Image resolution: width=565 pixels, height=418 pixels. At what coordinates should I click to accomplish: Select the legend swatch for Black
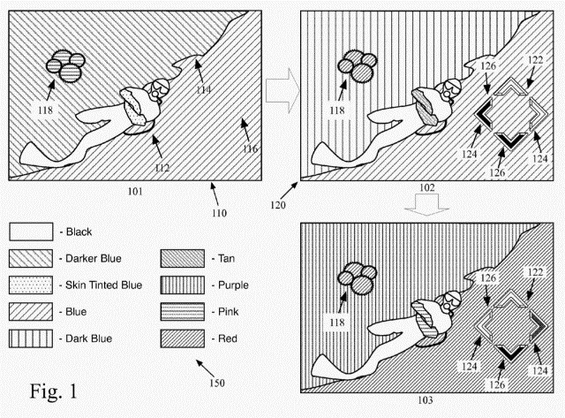[29, 232]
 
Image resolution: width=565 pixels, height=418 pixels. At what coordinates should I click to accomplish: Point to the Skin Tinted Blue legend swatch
[29, 286]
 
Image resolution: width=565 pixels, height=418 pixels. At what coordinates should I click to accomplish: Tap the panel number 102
[426, 188]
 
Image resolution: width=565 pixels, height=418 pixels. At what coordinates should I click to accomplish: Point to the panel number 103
[426, 400]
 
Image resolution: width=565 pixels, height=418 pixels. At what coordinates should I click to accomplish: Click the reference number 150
[214, 384]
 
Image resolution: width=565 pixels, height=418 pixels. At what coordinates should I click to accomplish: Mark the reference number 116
[251, 148]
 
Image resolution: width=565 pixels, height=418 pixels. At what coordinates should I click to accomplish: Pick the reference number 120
[276, 204]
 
